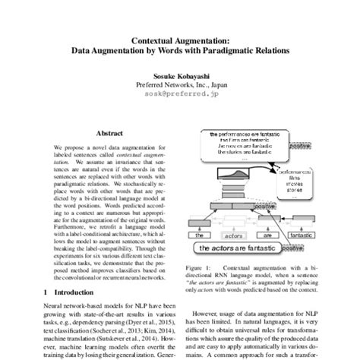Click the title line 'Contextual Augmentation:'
point(179,45)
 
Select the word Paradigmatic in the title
point(247,56)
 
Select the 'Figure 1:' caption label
point(200,269)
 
